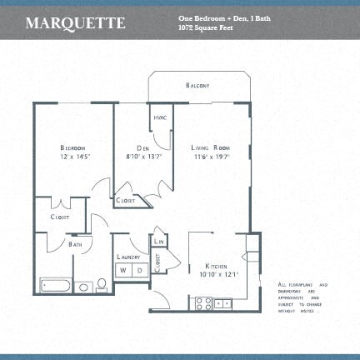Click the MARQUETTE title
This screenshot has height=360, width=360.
click(75, 22)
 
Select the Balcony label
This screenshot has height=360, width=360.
click(197, 86)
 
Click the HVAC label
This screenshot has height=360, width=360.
click(160, 117)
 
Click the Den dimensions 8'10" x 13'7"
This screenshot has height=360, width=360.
click(142, 156)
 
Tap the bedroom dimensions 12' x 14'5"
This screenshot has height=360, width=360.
click(74, 156)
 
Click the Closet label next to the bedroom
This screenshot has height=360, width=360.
click(59, 217)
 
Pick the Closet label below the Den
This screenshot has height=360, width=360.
click(127, 201)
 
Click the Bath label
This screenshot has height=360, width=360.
click(75, 245)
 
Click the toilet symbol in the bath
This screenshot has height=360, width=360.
click(102, 286)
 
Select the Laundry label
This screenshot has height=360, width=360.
click(127, 257)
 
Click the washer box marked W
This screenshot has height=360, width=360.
click(122, 270)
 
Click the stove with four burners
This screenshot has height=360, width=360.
click(202, 304)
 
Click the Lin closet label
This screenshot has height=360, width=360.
click(159, 242)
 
